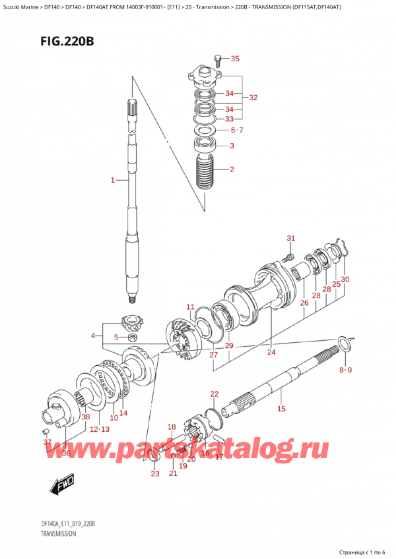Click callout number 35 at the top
[236, 59]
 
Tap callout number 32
[253, 97]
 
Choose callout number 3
[232, 147]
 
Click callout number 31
[290, 238]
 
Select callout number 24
[271, 352]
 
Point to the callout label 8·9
[346, 370]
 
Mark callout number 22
[214, 394]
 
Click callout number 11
[190, 307]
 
